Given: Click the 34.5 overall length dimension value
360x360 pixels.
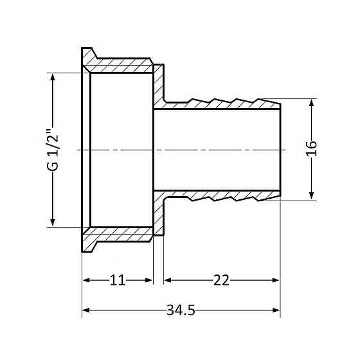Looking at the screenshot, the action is [x=181, y=310].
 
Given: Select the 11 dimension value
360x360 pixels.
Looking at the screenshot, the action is [x=118, y=280].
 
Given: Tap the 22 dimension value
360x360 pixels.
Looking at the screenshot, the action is [x=221, y=280].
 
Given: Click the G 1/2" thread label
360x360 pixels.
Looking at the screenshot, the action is [x=53, y=150].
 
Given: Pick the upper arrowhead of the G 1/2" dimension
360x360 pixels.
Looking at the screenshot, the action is [x=53, y=78].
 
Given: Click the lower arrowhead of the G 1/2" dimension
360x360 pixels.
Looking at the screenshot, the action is [x=53, y=222].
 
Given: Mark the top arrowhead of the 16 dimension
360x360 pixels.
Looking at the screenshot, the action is [x=312, y=104].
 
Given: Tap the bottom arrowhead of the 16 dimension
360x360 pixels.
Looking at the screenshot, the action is [x=312, y=195].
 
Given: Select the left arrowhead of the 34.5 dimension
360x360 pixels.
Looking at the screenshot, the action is [x=86, y=310].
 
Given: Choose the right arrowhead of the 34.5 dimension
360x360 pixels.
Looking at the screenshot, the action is [x=276, y=310].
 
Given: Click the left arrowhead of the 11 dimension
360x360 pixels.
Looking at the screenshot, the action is [x=86, y=280].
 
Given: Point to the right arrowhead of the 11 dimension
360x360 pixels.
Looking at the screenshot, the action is [x=148, y=280].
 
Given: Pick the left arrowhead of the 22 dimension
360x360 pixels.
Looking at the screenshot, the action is [x=168, y=280].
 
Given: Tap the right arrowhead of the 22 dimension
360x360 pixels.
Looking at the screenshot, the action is [x=276, y=280].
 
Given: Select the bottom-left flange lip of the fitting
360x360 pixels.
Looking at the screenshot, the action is [x=89, y=244].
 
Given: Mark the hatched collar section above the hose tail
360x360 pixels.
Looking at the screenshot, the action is [x=158, y=86].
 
